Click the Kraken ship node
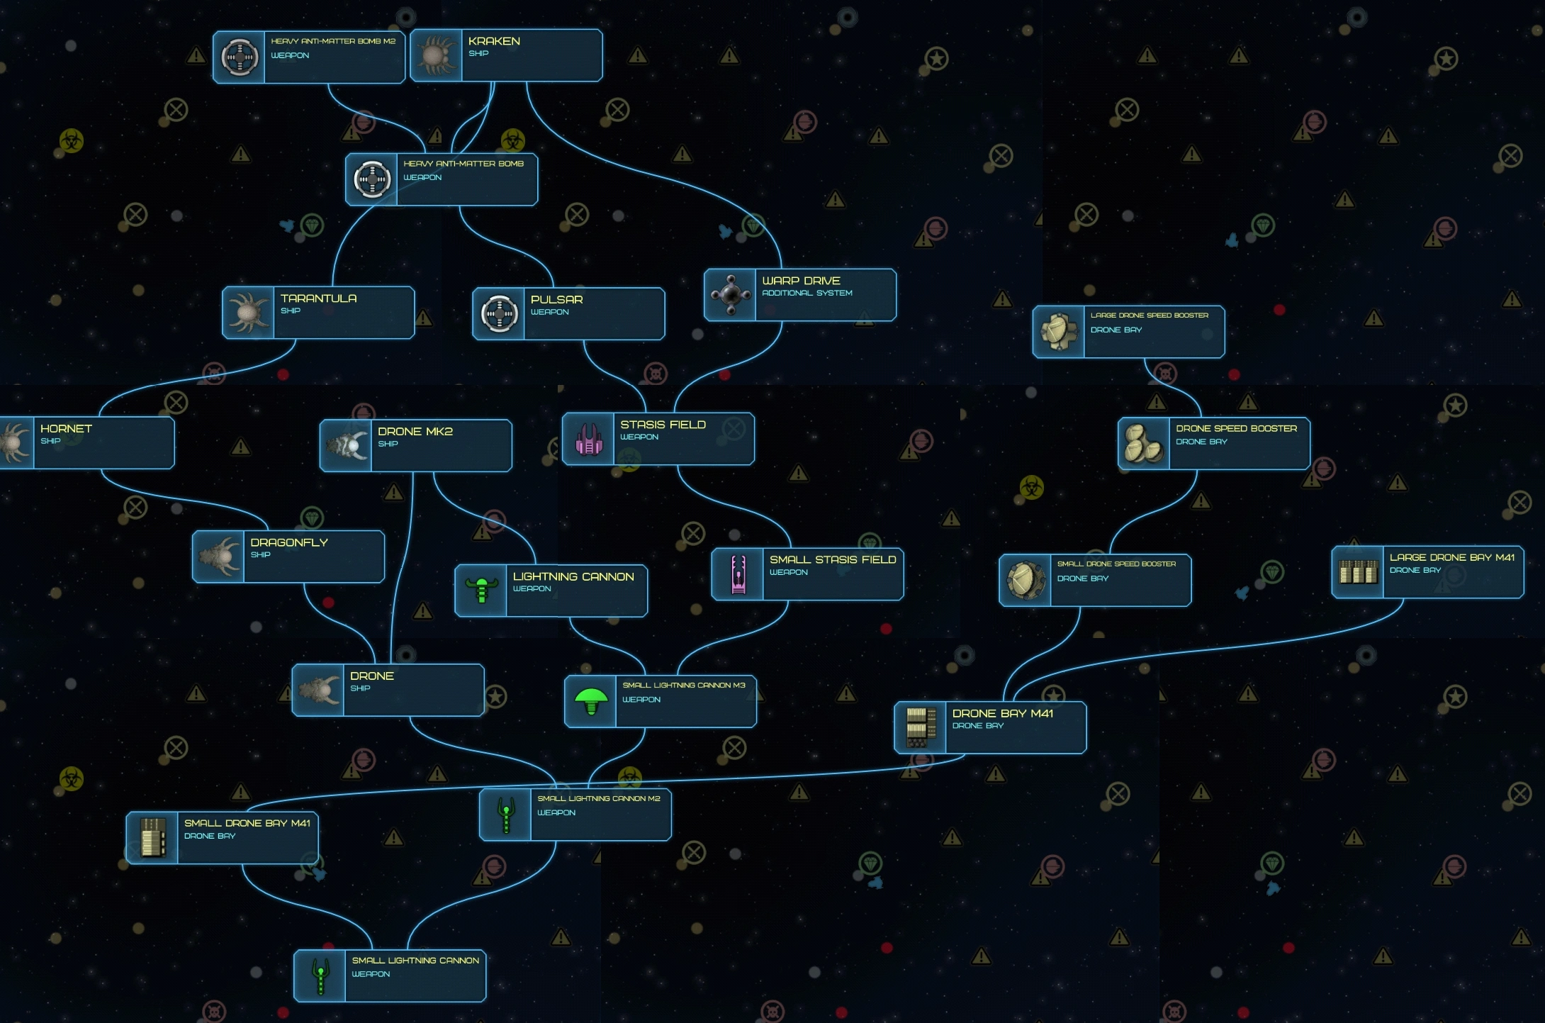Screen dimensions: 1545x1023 (x=507, y=55)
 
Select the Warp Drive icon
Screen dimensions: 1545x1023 (x=730, y=294)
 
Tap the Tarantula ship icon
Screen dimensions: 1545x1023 (x=248, y=313)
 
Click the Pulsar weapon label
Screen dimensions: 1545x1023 (x=556, y=300)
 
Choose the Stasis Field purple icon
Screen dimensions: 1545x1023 (x=588, y=439)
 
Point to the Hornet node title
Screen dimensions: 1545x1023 (x=66, y=429)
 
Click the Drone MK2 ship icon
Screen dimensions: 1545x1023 (x=346, y=445)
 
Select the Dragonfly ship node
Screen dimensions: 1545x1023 (x=288, y=557)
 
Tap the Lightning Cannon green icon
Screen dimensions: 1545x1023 (x=481, y=591)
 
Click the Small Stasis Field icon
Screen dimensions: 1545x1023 (x=738, y=574)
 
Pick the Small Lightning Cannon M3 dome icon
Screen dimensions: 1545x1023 (x=591, y=701)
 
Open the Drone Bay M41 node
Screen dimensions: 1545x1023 (x=990, y=727)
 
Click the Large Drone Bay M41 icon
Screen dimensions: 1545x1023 (x=1358, y=571)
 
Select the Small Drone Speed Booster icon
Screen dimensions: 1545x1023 (x=1026, y=580)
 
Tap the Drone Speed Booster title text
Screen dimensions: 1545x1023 (x=1236, y=429)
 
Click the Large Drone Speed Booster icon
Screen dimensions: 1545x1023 (x=1059, y=332)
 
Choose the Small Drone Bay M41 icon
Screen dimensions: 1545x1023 (x=152, y=837)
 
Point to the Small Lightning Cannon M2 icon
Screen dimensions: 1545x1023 (x=506, y=815)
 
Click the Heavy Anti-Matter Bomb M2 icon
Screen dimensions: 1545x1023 (x=240, y=57)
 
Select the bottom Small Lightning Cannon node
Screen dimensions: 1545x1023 (x=390, y=976)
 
